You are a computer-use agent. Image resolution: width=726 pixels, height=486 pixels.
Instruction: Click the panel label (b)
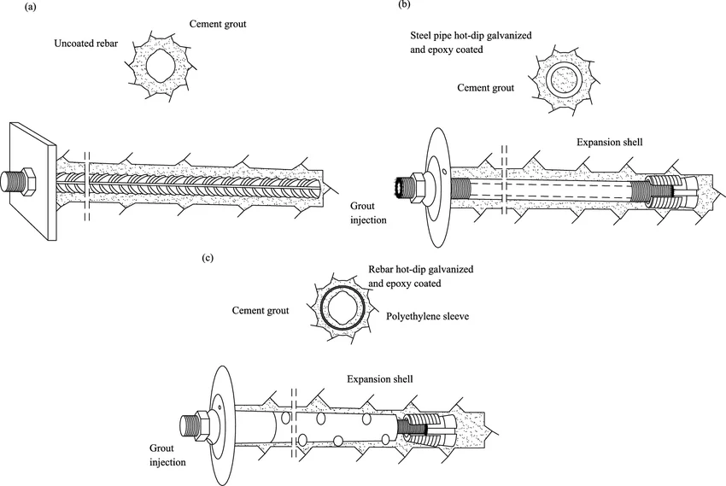(404, 6)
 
